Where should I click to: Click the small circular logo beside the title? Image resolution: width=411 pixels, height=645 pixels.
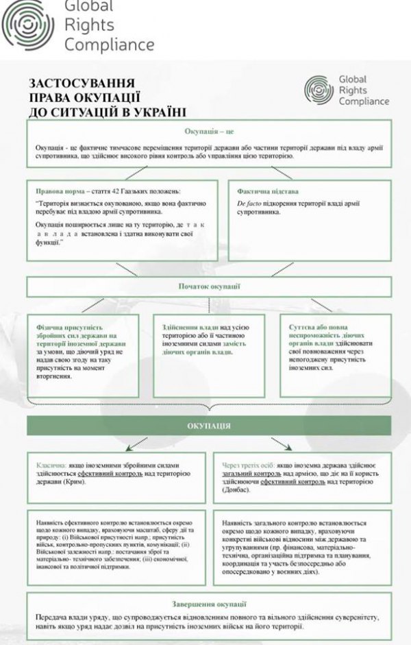[x=319, y=90]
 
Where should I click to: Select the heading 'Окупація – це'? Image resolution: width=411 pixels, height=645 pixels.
[x=210, y=130]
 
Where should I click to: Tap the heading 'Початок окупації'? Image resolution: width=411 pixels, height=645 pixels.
[x=210, y=286]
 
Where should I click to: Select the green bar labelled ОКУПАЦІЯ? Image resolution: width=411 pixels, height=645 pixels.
[x=209, y=426]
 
